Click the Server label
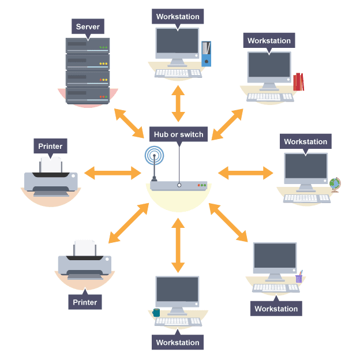point(88,27)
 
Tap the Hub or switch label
point(178,134)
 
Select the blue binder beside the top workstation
point(206,54)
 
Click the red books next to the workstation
point(298,82)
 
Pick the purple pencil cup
point(299,277)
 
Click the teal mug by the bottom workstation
point(156,313)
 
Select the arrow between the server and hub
point(129,122)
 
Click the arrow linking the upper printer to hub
point(112,172)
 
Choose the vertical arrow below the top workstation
point(178,104)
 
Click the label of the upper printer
point(50,146)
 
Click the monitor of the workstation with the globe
point(305,168)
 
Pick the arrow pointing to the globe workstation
point(245,172)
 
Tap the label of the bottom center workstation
point(178,342)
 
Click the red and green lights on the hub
point(201,186)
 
